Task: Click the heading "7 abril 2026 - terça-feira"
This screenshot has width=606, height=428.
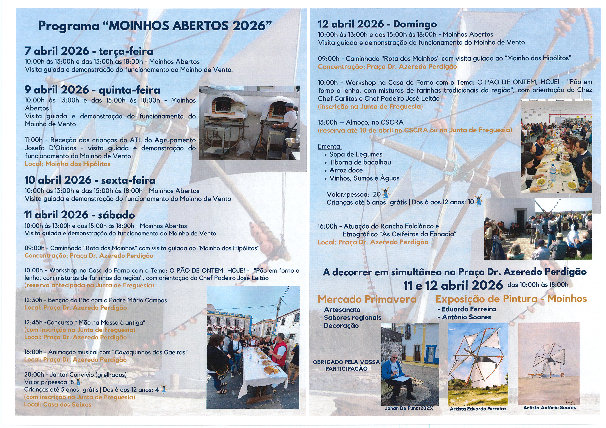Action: [x=89, y=51]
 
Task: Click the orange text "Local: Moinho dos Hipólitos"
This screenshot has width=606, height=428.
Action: [x=68, y=164]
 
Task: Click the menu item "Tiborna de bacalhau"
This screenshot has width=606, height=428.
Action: [x=360, y=162]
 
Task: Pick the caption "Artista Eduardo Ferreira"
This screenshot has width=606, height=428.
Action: [x=478, y=409]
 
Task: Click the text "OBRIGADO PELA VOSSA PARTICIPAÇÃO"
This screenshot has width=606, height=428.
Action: [x=346, y=365]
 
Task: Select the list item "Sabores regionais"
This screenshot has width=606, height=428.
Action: [x=352, y=317]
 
